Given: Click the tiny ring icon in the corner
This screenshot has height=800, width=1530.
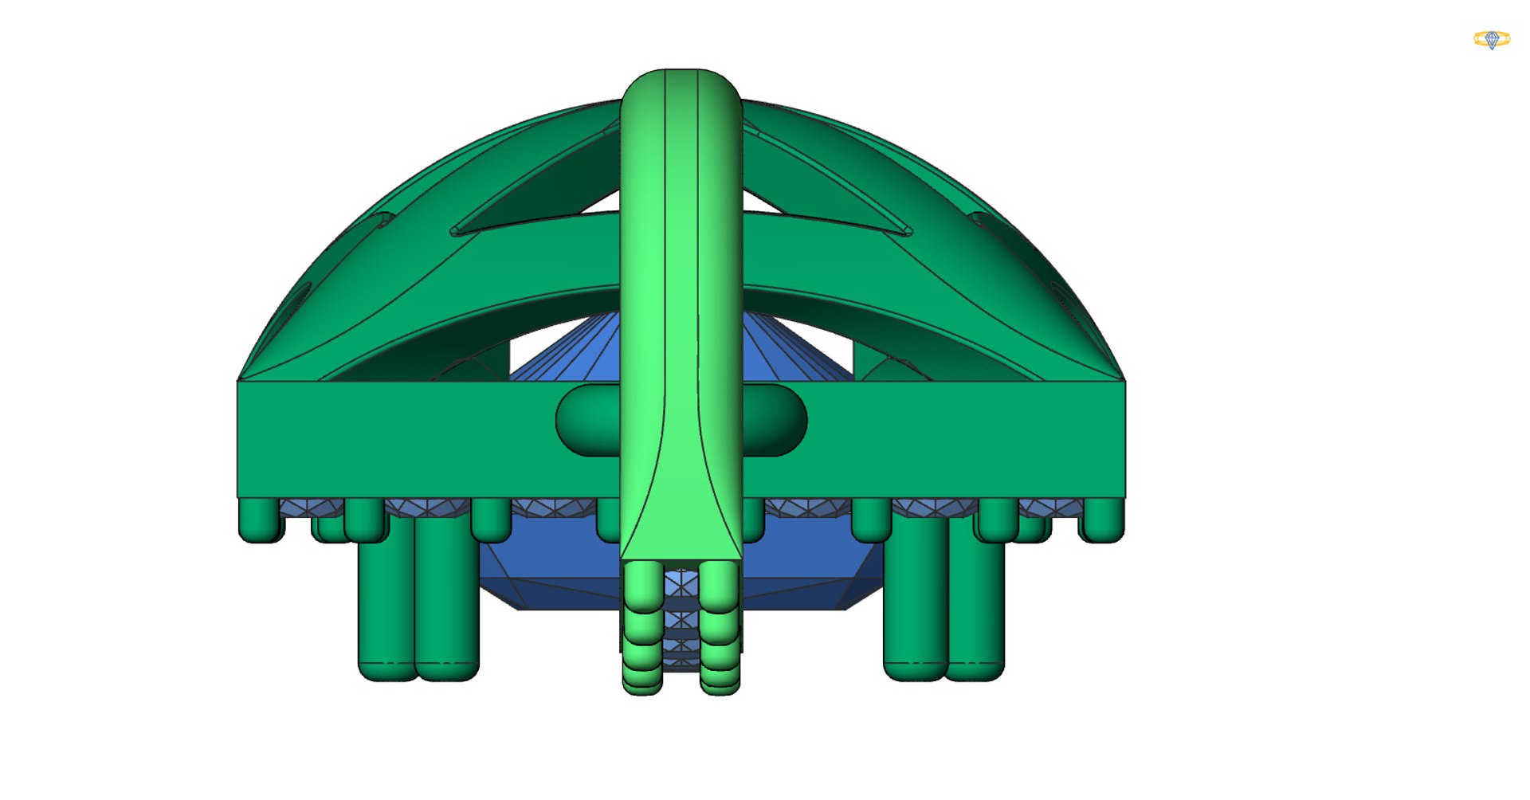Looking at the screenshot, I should coord(1491,39).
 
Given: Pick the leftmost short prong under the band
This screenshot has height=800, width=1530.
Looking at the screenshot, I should coord(261,520).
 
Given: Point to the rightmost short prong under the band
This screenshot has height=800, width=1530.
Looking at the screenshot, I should coord(1101,520).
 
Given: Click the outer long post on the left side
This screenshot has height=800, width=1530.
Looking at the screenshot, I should coord(386,606).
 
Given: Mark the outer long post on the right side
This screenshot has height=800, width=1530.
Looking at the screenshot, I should coord(976,606).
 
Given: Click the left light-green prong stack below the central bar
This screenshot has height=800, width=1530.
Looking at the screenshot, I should coord(642,629).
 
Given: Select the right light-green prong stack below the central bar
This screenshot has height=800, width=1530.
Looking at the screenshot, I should coord(720,629).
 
